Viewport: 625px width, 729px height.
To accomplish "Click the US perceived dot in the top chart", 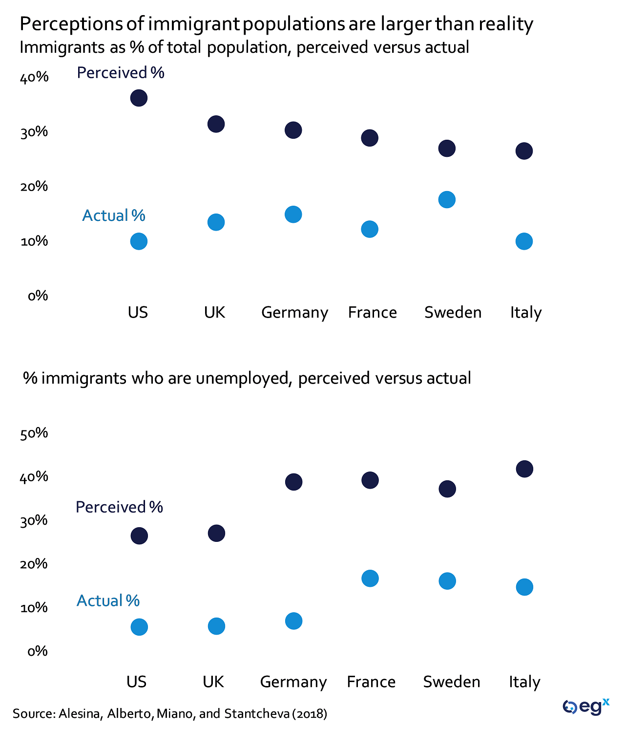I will pyautogui.click(x=139, y=98).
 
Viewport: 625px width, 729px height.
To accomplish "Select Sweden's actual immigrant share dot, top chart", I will pyautogui.click(x=447, y=199).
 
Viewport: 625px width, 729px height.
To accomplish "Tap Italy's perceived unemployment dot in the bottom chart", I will pyautogui.click(x=524, y=469).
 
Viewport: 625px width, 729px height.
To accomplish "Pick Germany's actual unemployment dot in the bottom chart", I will pyautogui.click(x=293, y=621).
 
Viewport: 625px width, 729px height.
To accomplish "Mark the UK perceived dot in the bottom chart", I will pyautogui.click(x=216, y=533).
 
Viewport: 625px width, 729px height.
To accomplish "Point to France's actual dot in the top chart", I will pyautogui.click(x=370, y=229).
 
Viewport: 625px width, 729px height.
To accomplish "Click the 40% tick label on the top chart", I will pyautogui.click(x=34, y=77).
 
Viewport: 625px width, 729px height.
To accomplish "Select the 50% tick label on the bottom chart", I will pyautogui.click(x=34, y=433).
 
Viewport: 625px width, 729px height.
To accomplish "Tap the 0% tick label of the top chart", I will pyautogui.click(x=38, y=296).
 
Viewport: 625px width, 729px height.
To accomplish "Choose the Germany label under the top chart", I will pyautogui.click(x=294, y=313).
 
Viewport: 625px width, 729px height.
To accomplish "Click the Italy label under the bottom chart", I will pyautogui.click(x=524, y=682).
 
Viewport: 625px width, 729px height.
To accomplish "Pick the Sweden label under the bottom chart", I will pyautogui.click(x=452, y=682).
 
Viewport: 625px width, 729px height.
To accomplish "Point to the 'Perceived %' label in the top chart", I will pyautogui.click(x=121, y=73).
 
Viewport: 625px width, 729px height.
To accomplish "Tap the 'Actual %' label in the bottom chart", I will pyautogui.click(x=108, y=600).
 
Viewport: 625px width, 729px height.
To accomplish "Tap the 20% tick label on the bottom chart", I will pyautogui.click(x=34, y=564).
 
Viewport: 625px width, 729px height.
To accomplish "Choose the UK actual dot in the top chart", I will pyautogui.click(x=216, y=222).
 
